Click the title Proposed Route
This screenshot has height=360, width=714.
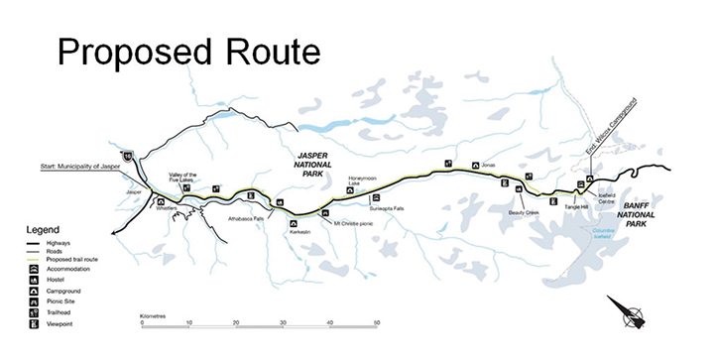coord(189,49)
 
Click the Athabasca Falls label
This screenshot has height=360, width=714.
coord(247,218)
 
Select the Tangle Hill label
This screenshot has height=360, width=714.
coord(576,206)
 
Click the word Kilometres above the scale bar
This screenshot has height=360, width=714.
coord(154,314)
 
